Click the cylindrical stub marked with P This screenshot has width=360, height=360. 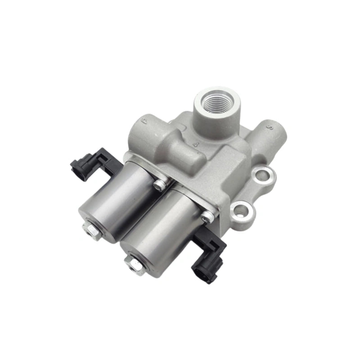coord(144,133)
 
